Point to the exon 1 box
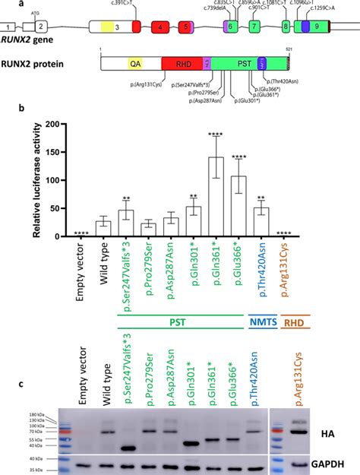coord(8,27)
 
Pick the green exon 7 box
coord(254,27)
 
